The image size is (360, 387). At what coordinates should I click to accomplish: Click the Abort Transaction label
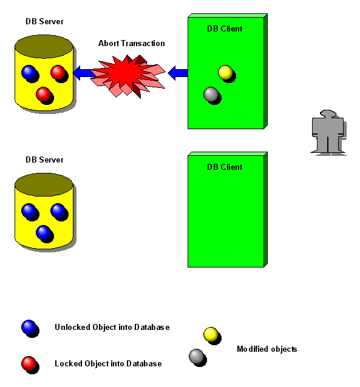132,44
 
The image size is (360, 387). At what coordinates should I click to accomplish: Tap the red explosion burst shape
128,76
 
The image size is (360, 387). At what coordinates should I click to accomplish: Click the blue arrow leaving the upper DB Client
178,73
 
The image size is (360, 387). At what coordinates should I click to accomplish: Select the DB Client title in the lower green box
225,167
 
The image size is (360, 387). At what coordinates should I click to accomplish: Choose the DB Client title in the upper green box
225,29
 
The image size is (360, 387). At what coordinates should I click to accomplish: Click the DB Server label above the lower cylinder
44,160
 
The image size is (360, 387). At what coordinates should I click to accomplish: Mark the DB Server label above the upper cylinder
44,21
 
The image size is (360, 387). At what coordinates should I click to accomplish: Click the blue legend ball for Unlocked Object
29,328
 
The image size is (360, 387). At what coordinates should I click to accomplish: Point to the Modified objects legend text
267,349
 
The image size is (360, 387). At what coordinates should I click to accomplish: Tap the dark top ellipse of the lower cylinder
44,184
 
